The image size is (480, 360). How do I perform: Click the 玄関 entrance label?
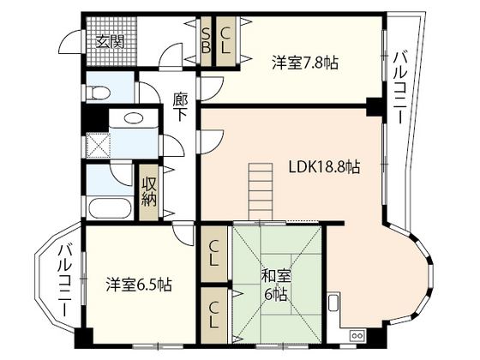[x=110, y=42]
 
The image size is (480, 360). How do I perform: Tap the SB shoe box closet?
[x=206, y=41]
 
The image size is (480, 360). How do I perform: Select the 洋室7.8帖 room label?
[x=305, y=63]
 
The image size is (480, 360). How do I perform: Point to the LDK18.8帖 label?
[x=325, y=167]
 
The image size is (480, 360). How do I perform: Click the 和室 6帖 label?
[x=275, y=285]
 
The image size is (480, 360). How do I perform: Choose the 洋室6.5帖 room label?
[x=139, y=285]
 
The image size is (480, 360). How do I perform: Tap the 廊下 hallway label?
[x=180, y=107]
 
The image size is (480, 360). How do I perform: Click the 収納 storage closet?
[x=149, y=193]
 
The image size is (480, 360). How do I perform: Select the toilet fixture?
[x=98, y=93]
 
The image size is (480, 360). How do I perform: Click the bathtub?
[x=110, y=208]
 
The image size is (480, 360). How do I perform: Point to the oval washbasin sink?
[x=134, y=118]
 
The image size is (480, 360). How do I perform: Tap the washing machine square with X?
[x=98, y=146]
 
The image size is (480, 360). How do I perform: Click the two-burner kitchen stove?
[x=357, y=335]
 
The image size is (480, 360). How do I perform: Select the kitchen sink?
[x=333, y=301]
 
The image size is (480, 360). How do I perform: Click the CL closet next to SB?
[x=226, y=41]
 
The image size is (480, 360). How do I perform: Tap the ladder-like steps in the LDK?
[x=261, y=192]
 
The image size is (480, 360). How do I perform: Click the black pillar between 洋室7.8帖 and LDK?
[x=374, y=106]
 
